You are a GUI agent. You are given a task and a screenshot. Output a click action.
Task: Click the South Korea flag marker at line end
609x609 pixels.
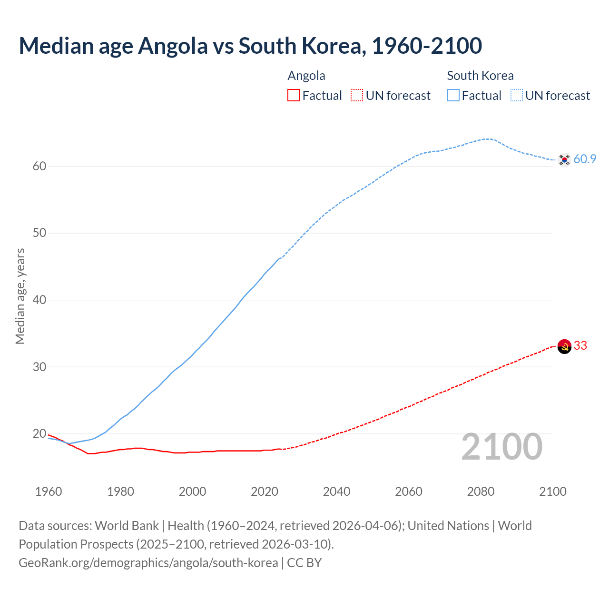[564, 160]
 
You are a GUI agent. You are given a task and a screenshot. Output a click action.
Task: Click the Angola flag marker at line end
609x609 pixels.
[564, 346]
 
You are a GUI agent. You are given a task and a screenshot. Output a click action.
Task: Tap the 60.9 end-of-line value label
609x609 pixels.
[585, 159]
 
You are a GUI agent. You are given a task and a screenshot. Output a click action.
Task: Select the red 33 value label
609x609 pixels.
[580, 346]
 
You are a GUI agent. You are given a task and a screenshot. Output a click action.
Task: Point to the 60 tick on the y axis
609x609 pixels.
[39, 167]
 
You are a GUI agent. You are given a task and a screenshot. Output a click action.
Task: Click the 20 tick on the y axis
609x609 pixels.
[39, 434]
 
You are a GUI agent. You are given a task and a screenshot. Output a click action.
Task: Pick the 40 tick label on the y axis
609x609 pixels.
[39, 300]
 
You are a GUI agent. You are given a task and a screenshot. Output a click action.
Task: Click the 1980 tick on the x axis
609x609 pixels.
[120, 491]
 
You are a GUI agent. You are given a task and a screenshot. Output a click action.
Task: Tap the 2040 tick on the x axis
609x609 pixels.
[336, 491]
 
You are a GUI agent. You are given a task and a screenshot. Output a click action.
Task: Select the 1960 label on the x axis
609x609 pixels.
[49, 491]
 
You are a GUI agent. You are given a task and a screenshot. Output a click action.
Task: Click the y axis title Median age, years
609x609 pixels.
[20, 296]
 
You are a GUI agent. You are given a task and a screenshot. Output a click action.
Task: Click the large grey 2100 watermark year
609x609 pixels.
[502, 447]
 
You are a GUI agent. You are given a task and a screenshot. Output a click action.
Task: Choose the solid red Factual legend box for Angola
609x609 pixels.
[294, 96]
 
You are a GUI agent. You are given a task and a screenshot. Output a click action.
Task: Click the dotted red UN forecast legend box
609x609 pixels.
[357, 96]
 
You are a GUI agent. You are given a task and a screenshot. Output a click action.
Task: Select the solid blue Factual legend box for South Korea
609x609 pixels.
[453, 96]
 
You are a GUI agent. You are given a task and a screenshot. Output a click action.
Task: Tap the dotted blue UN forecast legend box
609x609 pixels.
[517, 96]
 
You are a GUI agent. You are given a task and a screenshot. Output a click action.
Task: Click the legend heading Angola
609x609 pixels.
[306, 76]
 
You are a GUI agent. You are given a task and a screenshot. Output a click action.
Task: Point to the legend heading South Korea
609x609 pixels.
[480, 76]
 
